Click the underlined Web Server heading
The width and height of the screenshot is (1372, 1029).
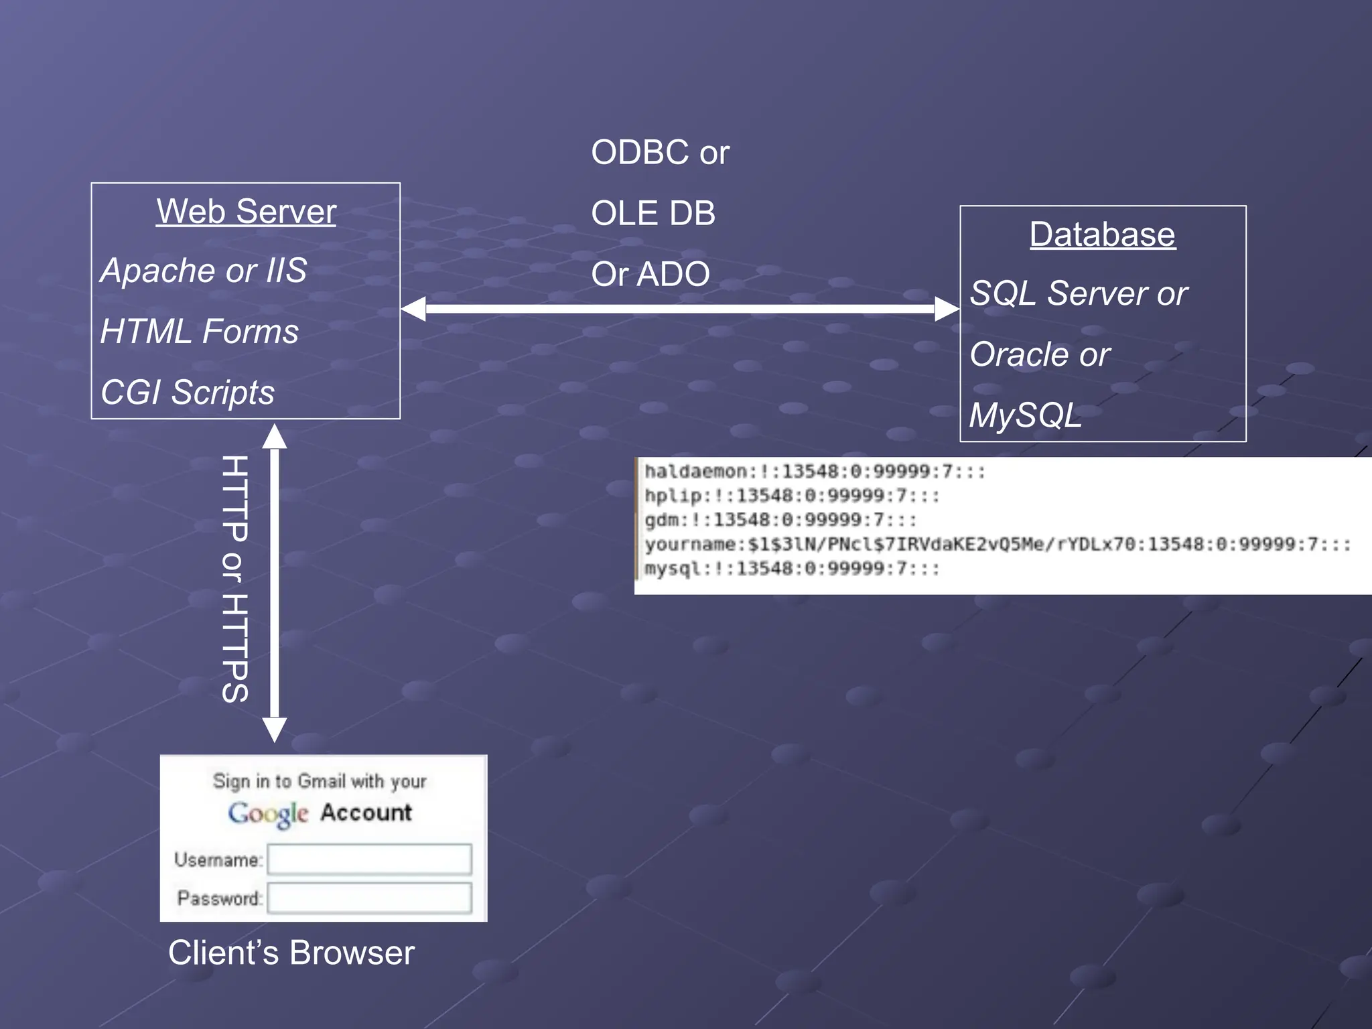[246, 212]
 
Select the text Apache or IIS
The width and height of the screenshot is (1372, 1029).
[204, 271]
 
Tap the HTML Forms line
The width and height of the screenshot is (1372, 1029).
[200, 332]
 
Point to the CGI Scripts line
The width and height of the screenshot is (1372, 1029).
[188, 392]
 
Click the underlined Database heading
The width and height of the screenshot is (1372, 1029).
[1102, 234]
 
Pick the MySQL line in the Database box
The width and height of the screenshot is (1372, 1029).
[1025, 415]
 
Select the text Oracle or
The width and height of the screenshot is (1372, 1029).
[1040, 354]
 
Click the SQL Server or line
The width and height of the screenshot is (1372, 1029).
[1079, 293]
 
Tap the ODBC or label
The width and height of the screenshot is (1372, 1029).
[660, 153]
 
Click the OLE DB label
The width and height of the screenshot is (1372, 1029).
[653, 214]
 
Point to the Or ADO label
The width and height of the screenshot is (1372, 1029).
[650, 274]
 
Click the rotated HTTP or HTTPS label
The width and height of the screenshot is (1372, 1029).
[235, 579]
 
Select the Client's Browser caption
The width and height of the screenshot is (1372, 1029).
[291, 953]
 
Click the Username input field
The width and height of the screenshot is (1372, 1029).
[369, 860]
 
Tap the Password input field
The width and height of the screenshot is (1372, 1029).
[369, 898]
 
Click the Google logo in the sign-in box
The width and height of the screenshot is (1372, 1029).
[268, 814]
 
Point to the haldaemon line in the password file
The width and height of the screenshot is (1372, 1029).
[815, 472]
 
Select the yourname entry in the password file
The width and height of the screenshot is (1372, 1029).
[997, 544]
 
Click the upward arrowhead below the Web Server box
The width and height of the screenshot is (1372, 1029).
[275, 436]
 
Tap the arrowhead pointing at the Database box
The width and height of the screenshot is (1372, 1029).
[947, 309]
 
